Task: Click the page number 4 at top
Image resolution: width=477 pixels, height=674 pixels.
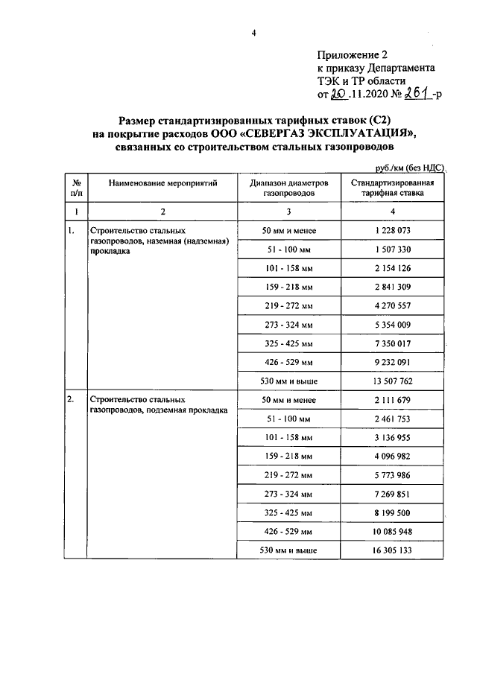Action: coord(253,32)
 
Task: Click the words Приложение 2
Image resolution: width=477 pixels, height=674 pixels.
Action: coord(353,54)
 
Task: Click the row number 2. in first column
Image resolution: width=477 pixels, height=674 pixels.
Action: coord(71,399)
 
